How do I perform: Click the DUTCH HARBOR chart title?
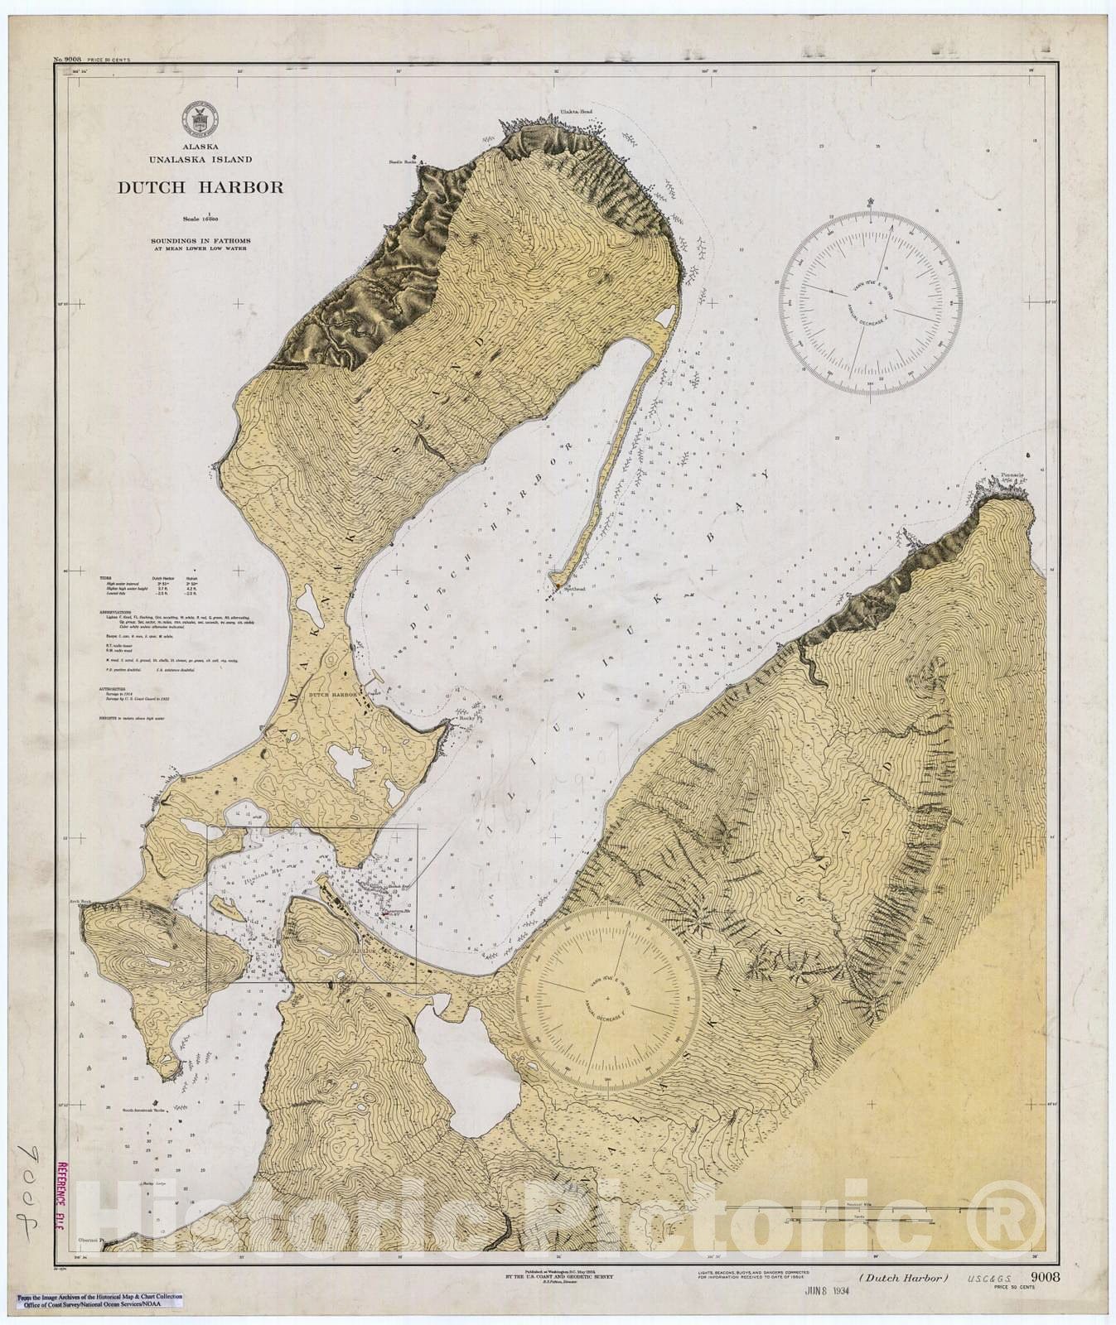[x=200, y=187]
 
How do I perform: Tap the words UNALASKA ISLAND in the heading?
[x=200, y=159]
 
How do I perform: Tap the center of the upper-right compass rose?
[x=869, y=302]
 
